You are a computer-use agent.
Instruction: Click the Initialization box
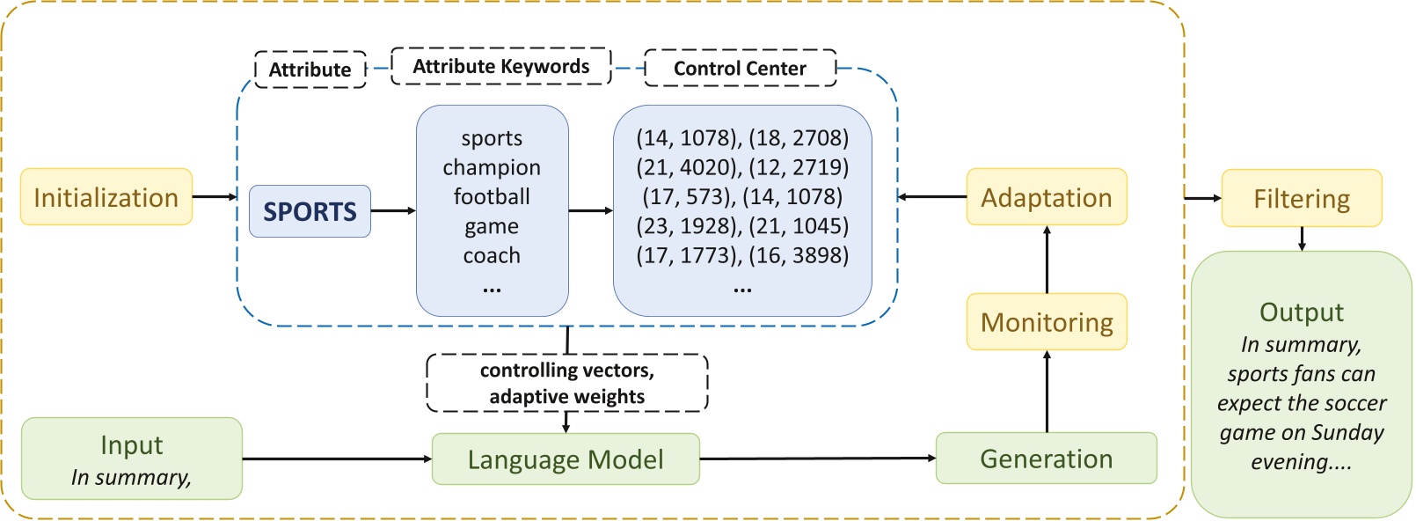click(x=106, y=197)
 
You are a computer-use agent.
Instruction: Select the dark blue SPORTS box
click(x=310, y=211)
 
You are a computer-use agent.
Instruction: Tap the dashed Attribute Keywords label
click(x=500, y=67)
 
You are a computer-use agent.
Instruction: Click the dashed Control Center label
click(x=740, y=69)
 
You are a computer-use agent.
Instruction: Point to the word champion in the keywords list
click(x=492, y=167)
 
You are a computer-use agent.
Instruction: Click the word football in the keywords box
click(x=492, y=196)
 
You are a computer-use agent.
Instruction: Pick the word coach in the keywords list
click(x=492, y=255)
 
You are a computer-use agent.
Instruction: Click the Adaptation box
click(x=1047, y=197)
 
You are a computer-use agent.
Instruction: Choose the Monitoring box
click(x=1047, y=322)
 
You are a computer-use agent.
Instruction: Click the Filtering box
click(x=1302, y=199)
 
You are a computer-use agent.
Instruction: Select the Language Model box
click(x=566, y=459)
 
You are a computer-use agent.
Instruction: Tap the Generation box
click(x=1046, y=459)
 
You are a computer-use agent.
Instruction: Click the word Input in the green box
click(x=131, y=445)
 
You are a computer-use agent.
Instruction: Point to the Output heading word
click(x=1302, y=312)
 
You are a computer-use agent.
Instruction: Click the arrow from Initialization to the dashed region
click(x=215, y=197)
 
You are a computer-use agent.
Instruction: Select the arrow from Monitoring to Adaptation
click(x=1047, y=260)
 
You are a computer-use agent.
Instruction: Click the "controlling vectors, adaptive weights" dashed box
click(x=567, y=383)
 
